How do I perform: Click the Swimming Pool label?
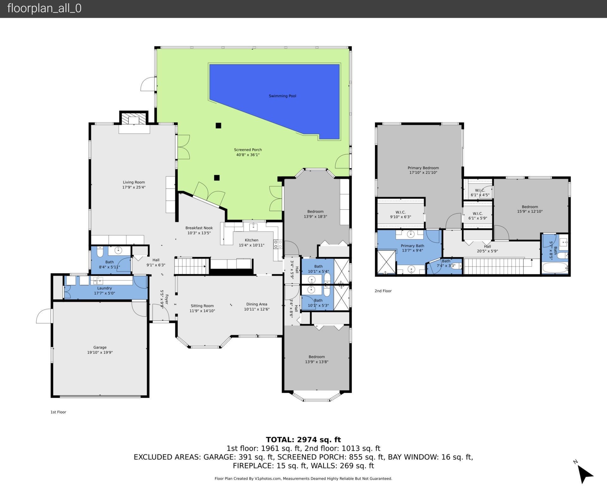pyautogui.click(x=282, y=96)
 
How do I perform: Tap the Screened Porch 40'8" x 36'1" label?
pyautogui.click(x=248, y=152)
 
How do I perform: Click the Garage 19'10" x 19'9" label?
pyautogui.click(x=100, y=350)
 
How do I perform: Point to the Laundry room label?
pyautogui.click(x=104, y=290)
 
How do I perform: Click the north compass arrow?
pyautogui.click(x=585, y=475)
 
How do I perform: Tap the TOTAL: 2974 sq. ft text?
pyautogui.click(x=303, y=439)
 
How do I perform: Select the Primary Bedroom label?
pyautogui.click(x=423, y=170)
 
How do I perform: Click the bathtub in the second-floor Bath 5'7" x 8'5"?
pyautogui.click(x=555, y=268)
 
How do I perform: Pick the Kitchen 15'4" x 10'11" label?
pyautogui.click(x=251, y=242)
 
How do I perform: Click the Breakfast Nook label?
pyautogui.click(x=199, y=230)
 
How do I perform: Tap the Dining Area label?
pyautogui.click(x=256, y=306)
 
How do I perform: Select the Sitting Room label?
pyautogui.click(x=202, y=308)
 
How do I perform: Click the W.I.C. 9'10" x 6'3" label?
pyautogui.click(x=400, y=214)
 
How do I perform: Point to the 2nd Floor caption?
pyautogui.click(x=383, y=291)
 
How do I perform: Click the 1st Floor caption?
pyautogui.click(x=58, y=412)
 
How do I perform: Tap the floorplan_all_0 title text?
pyautogui.click(x=44, y=8)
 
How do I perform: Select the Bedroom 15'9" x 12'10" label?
pyautogui.click(x=530, y=209)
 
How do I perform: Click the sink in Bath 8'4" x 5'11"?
pyautogui.click(x=118, y=251)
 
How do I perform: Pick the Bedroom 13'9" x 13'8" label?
pyautogui.click(x=316, y=359)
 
